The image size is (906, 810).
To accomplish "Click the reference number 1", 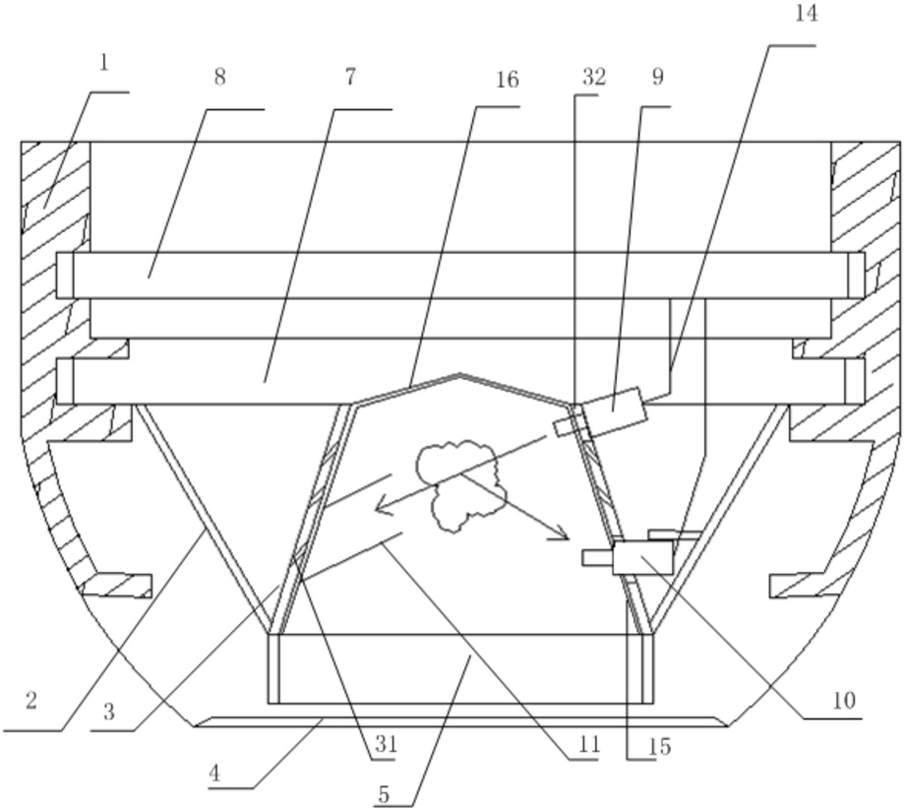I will (104, 65).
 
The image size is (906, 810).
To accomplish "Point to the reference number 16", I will (507, 80).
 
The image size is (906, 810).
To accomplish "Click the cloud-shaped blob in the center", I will (457, 482).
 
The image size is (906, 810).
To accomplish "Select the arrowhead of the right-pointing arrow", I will (563, 536).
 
